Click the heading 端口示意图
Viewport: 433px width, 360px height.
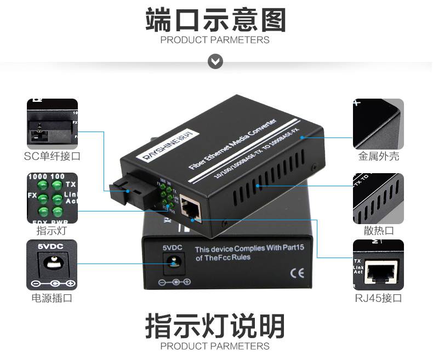click(x=216, y=20)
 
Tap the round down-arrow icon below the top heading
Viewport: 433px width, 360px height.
click(x=215, y=61)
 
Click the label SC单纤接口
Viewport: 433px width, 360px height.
click(x=52, y=156)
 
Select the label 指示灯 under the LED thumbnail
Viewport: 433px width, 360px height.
click(x=52, y=230)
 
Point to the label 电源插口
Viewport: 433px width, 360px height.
click(x=52, y=298)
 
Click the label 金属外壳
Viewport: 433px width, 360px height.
click(x=379, y=156)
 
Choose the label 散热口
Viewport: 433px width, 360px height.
click(x=379, y=230)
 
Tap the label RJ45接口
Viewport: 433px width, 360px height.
click(x=378, y=298)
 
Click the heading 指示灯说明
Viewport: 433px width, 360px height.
click(x=216, y=327)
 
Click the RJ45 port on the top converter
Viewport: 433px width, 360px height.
click(x=190, y=210)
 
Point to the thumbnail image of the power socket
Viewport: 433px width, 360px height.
click(x=52, y=265)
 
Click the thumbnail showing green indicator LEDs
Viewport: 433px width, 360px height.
click(x=52, y=198)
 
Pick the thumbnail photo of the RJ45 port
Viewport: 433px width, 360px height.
click(x=378, y=265)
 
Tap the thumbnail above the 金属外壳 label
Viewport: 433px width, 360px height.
click(x=378, y=124)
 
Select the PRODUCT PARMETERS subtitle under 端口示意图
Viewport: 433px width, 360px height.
click(x=215, y=40)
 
